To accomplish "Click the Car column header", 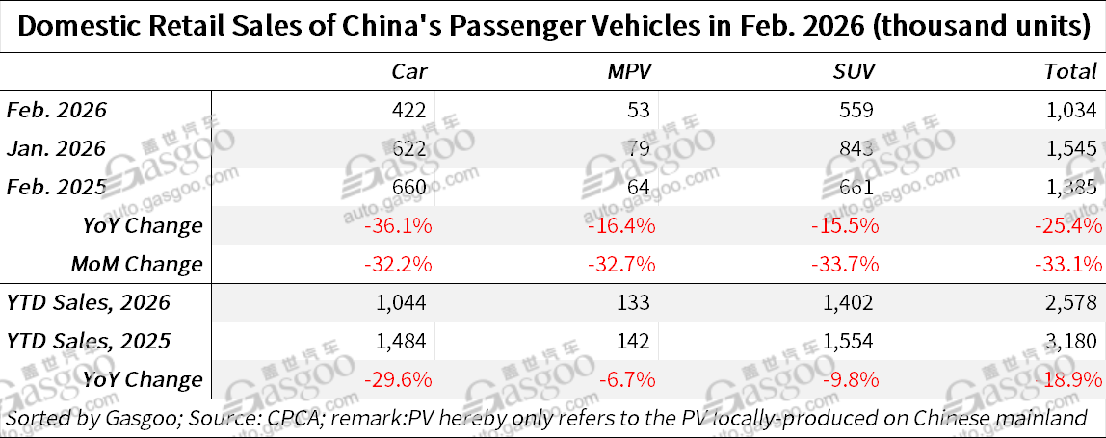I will click(x=409, y=71).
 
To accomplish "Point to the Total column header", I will click(x=1071, y=71).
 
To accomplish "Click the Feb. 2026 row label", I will click(x=57, y=110).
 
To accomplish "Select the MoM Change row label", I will click(x=137, y=264).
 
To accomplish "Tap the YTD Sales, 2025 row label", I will click(x=89, y=341).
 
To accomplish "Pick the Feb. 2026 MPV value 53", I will click(x=640, y=110).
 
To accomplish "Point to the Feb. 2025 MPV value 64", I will click(x=640, y=187).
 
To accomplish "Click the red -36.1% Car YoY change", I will click(x=397, y=225).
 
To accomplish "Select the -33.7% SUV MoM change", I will click(x=847, y=264).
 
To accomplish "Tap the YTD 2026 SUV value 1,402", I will click(x=851, y=302).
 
